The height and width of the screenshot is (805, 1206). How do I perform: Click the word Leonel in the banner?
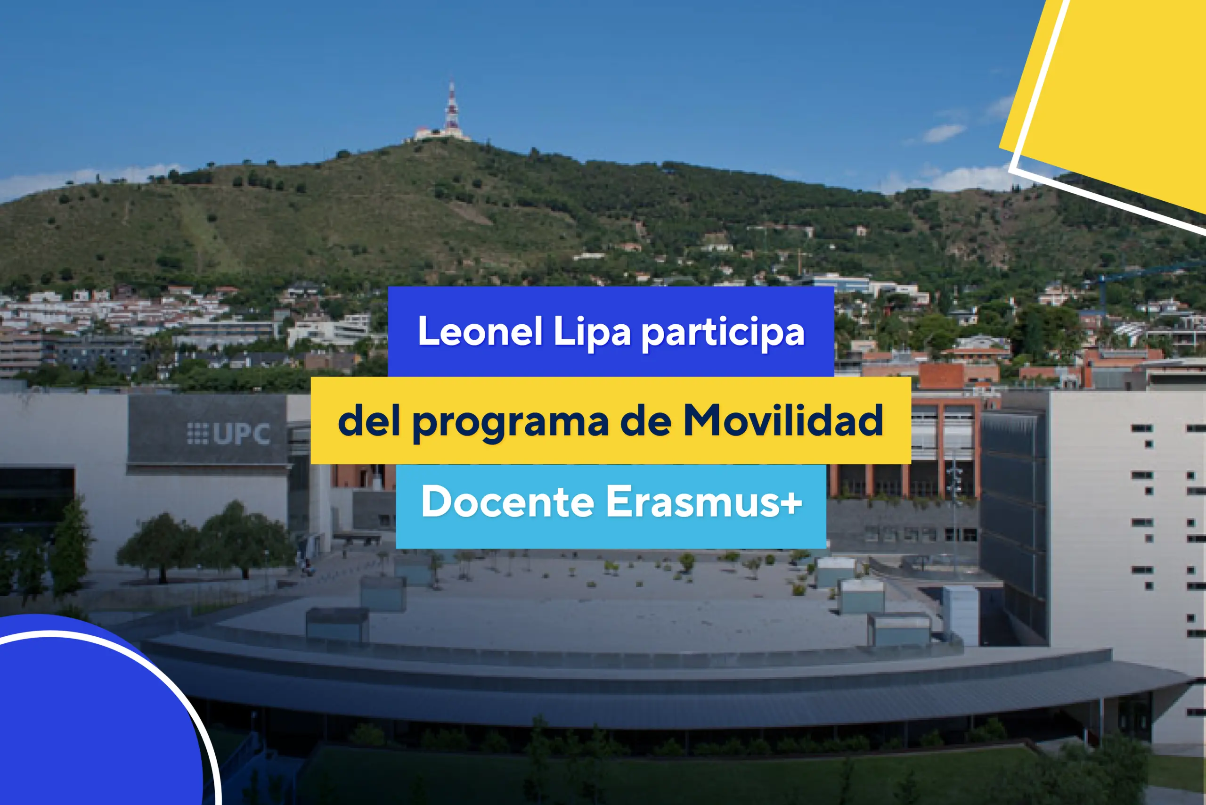tap(481, 331)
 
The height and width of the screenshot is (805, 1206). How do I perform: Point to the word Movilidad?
tap(783, 420)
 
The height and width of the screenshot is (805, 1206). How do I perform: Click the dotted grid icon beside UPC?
tap(197, 434)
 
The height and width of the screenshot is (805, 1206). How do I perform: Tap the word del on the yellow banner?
tap(368, 420)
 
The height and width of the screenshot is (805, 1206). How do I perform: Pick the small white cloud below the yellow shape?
tap(943, 133)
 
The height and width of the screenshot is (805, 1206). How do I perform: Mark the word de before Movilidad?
tap(645, 420)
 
